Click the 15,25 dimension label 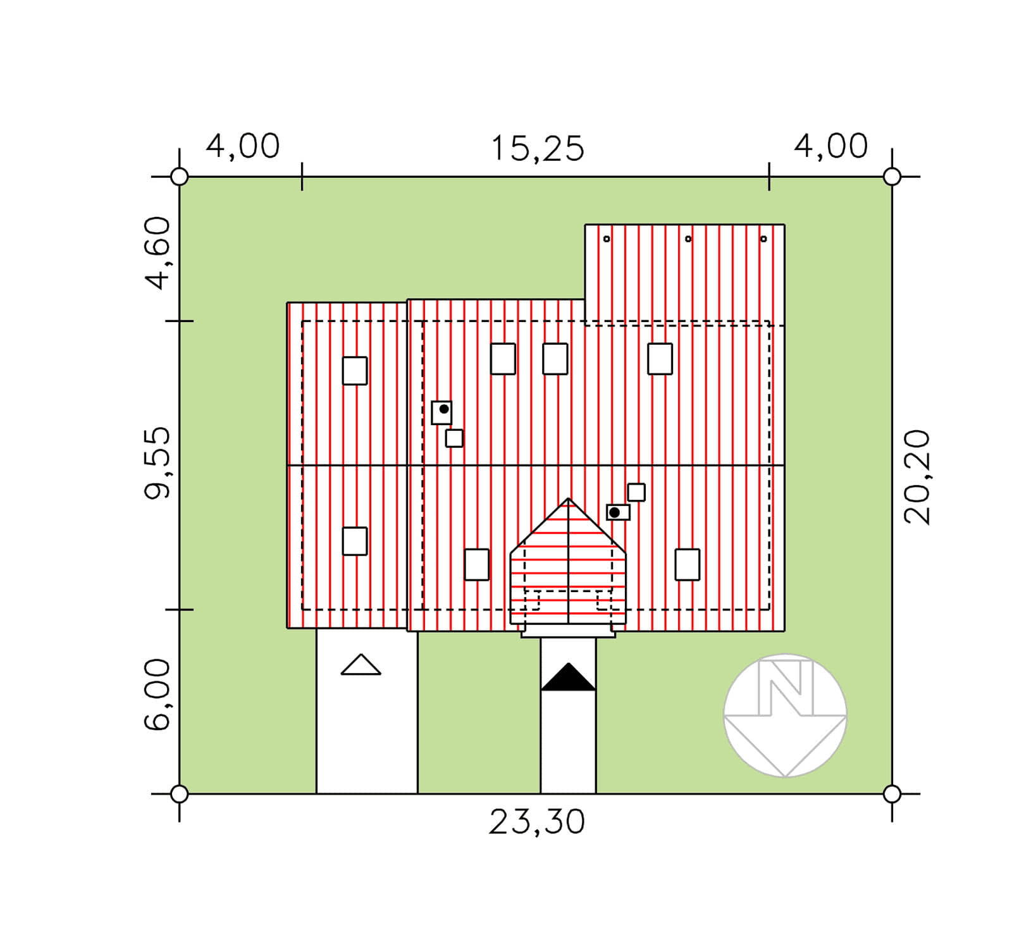click(537, 149)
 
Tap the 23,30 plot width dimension click(537, 822)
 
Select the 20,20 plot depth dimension click(917, 477)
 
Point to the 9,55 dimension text click(157, 463)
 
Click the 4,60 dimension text click(157, 253)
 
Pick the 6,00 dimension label click(157, 695)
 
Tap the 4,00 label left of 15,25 click(243, 146)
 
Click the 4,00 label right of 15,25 click(831, 146)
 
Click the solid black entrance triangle click(569, 677)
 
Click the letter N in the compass click(785, 687)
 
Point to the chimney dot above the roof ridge click(444, 409)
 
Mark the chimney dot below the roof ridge click(614, 512)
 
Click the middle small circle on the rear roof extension click(688, 238)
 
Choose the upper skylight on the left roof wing click(355, 371)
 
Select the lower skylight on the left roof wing click(355, 542)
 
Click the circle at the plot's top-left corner click(180, 176)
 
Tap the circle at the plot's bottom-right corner click(892, 794)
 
